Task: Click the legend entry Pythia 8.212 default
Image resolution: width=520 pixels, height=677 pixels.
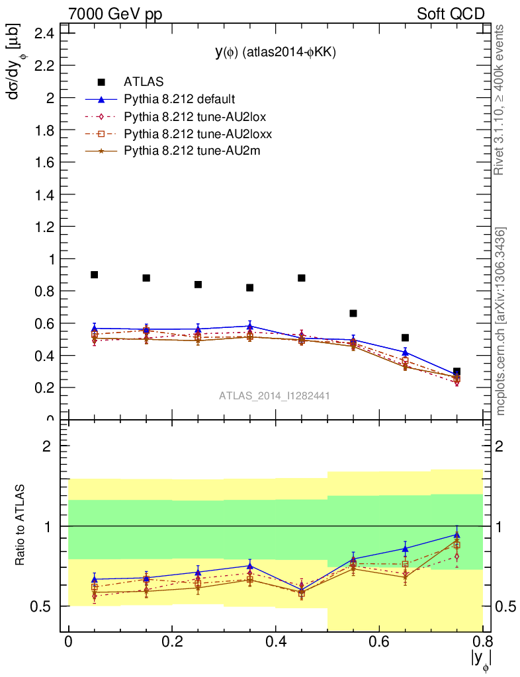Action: tap(179, 100)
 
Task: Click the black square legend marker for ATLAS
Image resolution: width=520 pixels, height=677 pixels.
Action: tap(101, 82)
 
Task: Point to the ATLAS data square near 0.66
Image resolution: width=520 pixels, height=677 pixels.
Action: tap(353, 313)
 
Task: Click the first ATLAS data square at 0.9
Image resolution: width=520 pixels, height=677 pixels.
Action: tap(95, 274)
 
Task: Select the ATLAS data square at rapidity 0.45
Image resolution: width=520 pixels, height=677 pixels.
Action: tap(302, 278)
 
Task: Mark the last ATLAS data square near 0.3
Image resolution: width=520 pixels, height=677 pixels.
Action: tap(456, 372)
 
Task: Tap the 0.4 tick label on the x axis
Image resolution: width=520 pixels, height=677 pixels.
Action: tap(275, 642)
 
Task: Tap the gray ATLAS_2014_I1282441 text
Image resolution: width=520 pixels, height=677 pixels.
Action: tap(275, 395)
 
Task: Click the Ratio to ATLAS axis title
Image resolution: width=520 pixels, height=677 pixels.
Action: tap(21, 526)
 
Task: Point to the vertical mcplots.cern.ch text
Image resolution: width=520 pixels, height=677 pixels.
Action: tap(501, 321)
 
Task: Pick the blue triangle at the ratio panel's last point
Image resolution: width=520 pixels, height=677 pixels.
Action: tap(456, 535)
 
